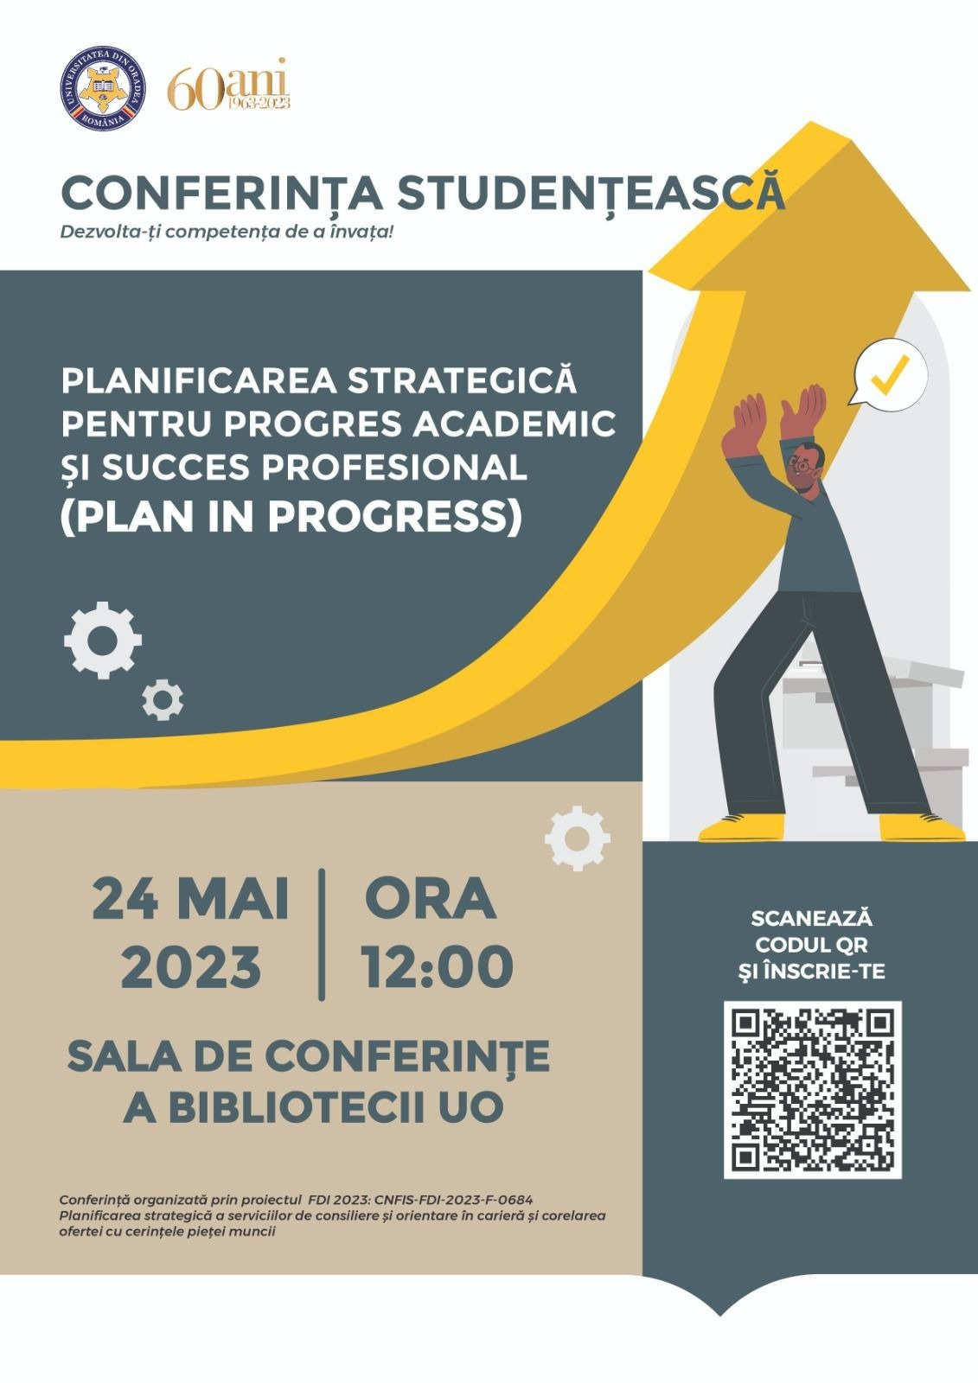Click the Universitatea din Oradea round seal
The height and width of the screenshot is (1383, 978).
tap(103, 88)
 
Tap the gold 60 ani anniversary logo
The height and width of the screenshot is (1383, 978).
tap(228, 85)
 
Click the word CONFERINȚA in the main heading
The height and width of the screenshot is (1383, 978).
tap(221, 194)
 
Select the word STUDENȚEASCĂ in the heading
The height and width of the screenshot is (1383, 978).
tap(591, 191)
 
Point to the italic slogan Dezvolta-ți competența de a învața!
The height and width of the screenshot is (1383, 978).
tap(227, 233)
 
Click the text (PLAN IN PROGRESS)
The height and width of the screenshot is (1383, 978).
tap(291, 516)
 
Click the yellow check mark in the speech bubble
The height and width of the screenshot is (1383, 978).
tap(890, 375)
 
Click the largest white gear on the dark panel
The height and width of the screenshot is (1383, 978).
tap(103, 641)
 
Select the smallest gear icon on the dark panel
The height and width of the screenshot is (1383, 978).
tap(163, 699)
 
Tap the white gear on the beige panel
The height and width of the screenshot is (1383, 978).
tap(578, 838)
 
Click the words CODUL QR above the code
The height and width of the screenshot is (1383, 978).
tap(812, 945)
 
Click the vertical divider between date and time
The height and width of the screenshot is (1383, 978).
tap(322, 934)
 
